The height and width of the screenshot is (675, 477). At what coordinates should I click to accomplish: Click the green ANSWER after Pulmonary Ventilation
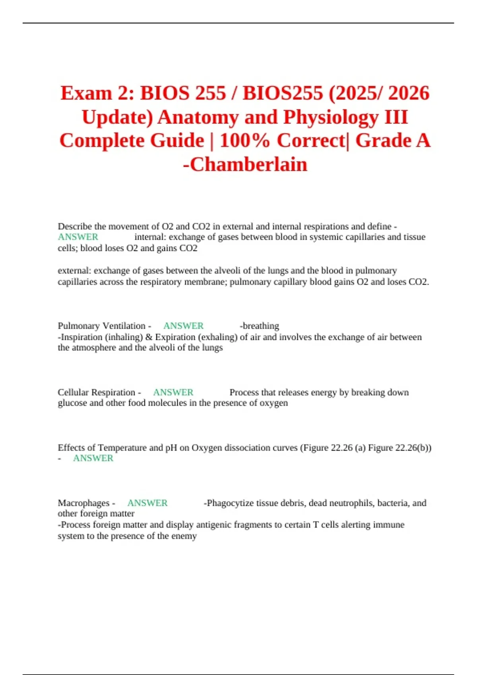[x=183, y=326]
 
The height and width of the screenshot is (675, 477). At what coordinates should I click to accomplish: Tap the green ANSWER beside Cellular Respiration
[x=173, y=392]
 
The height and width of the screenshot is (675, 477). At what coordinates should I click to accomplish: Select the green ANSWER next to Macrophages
[x=147, y=503]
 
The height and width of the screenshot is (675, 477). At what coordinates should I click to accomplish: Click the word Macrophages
[x=83, y=503]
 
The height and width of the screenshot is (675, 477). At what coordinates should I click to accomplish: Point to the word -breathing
[x=260, y=326]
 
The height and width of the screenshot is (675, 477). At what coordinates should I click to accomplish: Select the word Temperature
[x=122, y=448]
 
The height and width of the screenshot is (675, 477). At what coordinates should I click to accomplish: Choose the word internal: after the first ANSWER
[x=150, y=237]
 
